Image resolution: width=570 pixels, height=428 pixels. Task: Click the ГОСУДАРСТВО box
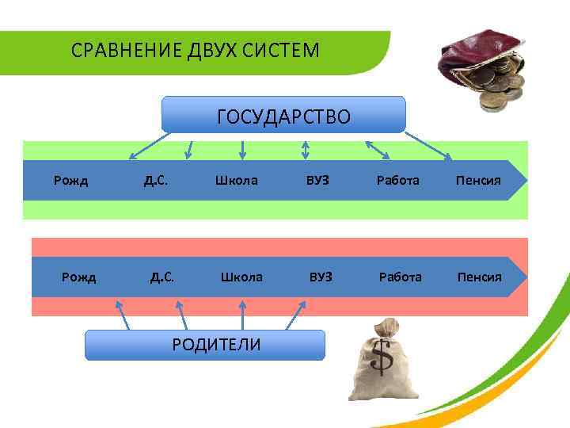pyautogui.click(x=283, y=114)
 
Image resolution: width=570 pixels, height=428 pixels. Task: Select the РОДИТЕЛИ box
pyautogui.click(x=205, y=345)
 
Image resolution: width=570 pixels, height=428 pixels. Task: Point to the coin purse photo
pyautogui.click(x=484, y=68)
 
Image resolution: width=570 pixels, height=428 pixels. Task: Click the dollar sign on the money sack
pyautogui.click(x=382, y=359)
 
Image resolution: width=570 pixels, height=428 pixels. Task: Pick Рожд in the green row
pyautogui.click(x=70, y=180)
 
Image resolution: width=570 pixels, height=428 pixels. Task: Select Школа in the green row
pyautogui.click(x=236, y=180)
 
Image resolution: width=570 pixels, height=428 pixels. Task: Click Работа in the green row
pyautogui.click(x=398, y=180)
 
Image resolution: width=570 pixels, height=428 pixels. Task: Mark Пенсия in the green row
pyautogui.click(x=478, y=180)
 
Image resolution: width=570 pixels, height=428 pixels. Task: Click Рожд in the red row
pyautogui.click(x=79, y=277)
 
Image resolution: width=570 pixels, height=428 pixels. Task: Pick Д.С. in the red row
pyautogui.click(x=162, y=277)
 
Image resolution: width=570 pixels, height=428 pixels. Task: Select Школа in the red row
pyautogui.click(x=241, y=277)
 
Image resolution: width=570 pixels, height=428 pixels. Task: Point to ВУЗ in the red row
pyautogui.click(x=321, y=277)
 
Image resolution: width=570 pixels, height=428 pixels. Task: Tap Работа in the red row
pyautogui.click(x=401, y=277)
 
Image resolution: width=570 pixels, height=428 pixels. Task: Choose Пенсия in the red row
pyautogui.click(x=479, y=277)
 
